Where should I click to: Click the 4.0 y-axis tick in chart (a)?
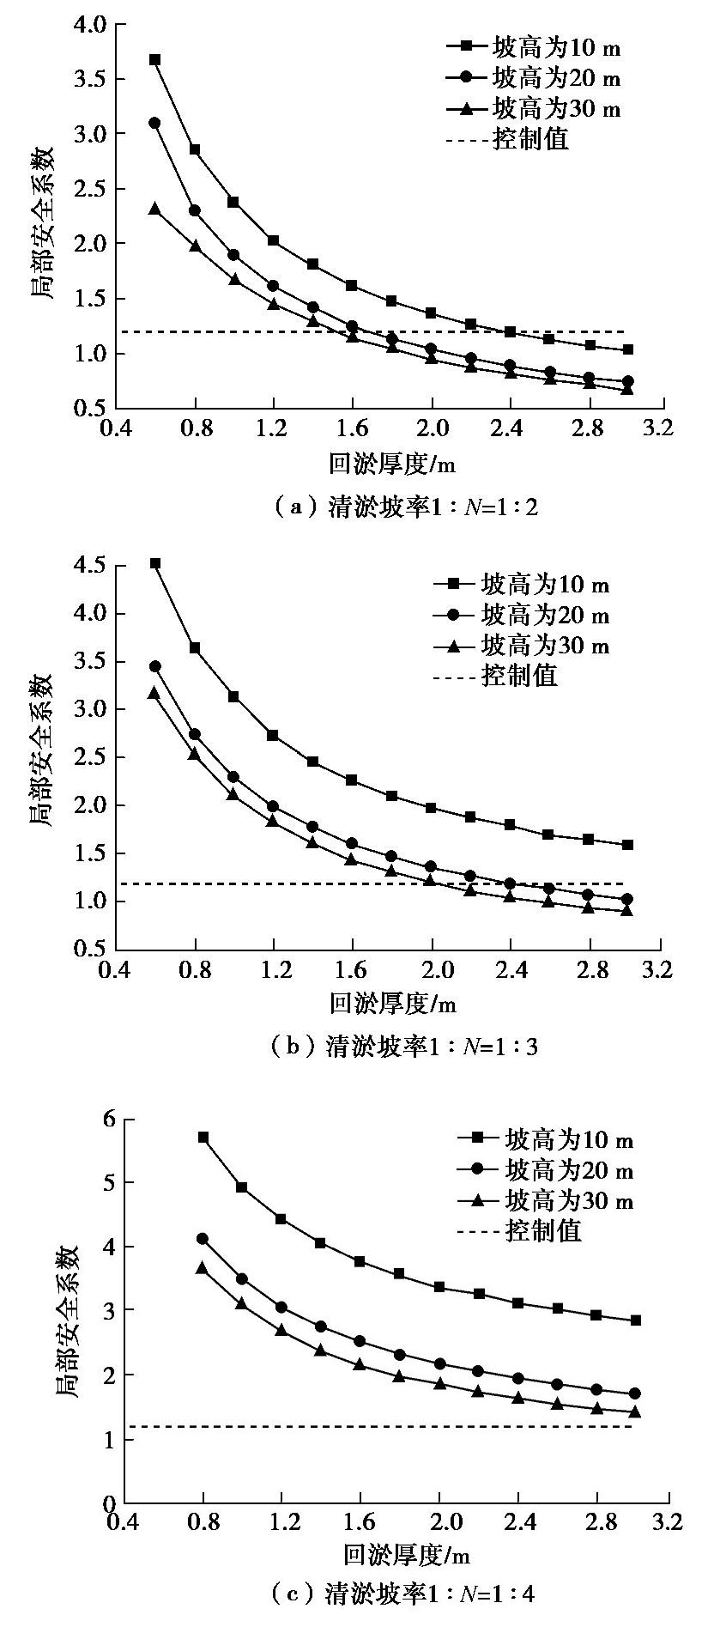(x=89, y=25)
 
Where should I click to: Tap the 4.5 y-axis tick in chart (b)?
(x=89, y=566)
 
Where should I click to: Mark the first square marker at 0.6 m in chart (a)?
(x=155, y=60)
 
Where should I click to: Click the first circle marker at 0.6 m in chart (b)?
(x=155, y=666)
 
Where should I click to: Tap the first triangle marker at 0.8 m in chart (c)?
(x=203, y=1268)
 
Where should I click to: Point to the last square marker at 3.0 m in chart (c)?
(x=636, y=1320)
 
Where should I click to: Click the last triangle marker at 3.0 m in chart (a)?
(x=627, y=389)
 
